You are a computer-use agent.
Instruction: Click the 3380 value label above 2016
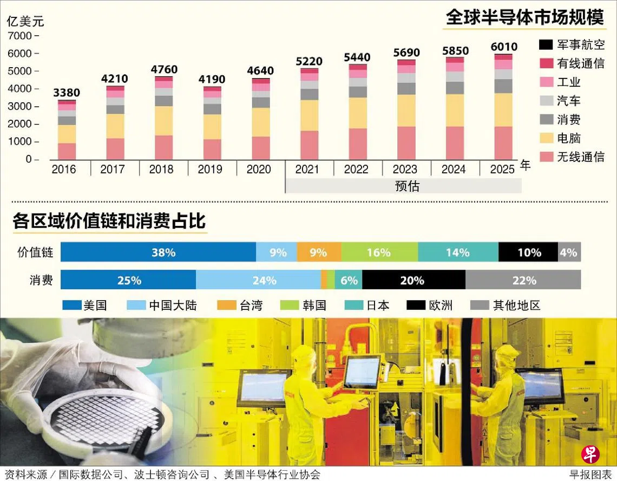pos(67,93)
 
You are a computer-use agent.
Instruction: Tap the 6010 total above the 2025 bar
pos(503,47)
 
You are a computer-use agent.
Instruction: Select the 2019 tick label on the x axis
pos(210,170)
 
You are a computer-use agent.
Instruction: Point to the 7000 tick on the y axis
pos(21,36)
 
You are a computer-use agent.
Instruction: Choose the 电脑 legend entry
pos(569,138)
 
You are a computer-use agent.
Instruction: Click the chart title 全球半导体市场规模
pos(524,18)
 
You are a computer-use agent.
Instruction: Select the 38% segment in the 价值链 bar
pos(158,252)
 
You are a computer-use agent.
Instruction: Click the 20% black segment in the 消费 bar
pos(413,280)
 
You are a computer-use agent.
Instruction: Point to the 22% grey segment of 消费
pos(523,280)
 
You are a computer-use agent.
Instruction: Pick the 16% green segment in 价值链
pos(379,252)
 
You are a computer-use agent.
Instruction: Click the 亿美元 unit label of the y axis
pos(25,22)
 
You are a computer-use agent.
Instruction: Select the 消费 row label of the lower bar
pos(41,280)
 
